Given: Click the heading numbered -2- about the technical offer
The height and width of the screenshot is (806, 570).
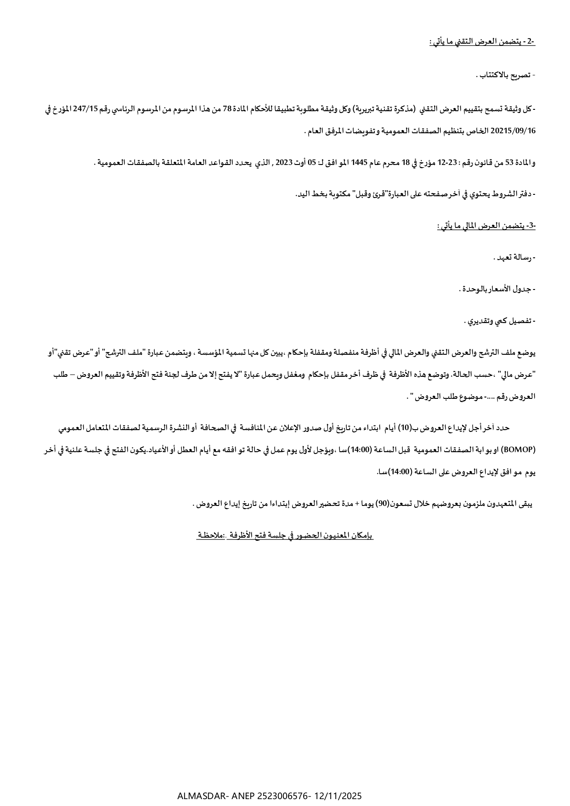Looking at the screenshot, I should coord(482,42).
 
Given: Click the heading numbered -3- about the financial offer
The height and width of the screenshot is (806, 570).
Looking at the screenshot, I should coord(486,226).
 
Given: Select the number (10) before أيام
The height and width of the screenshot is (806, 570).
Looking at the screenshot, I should coord(405,428).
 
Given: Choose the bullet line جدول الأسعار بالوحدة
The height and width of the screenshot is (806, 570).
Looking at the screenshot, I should coord(497,289).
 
